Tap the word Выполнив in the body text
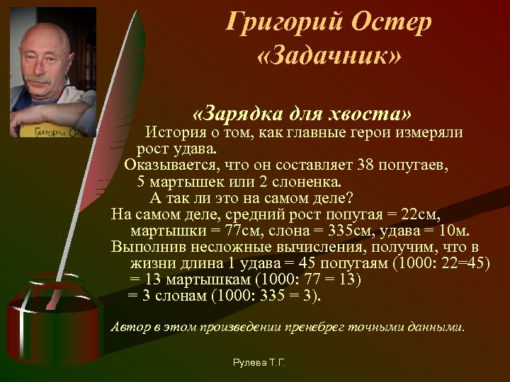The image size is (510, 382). click(144, 247)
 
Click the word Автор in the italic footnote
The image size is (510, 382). click(130, 328)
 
